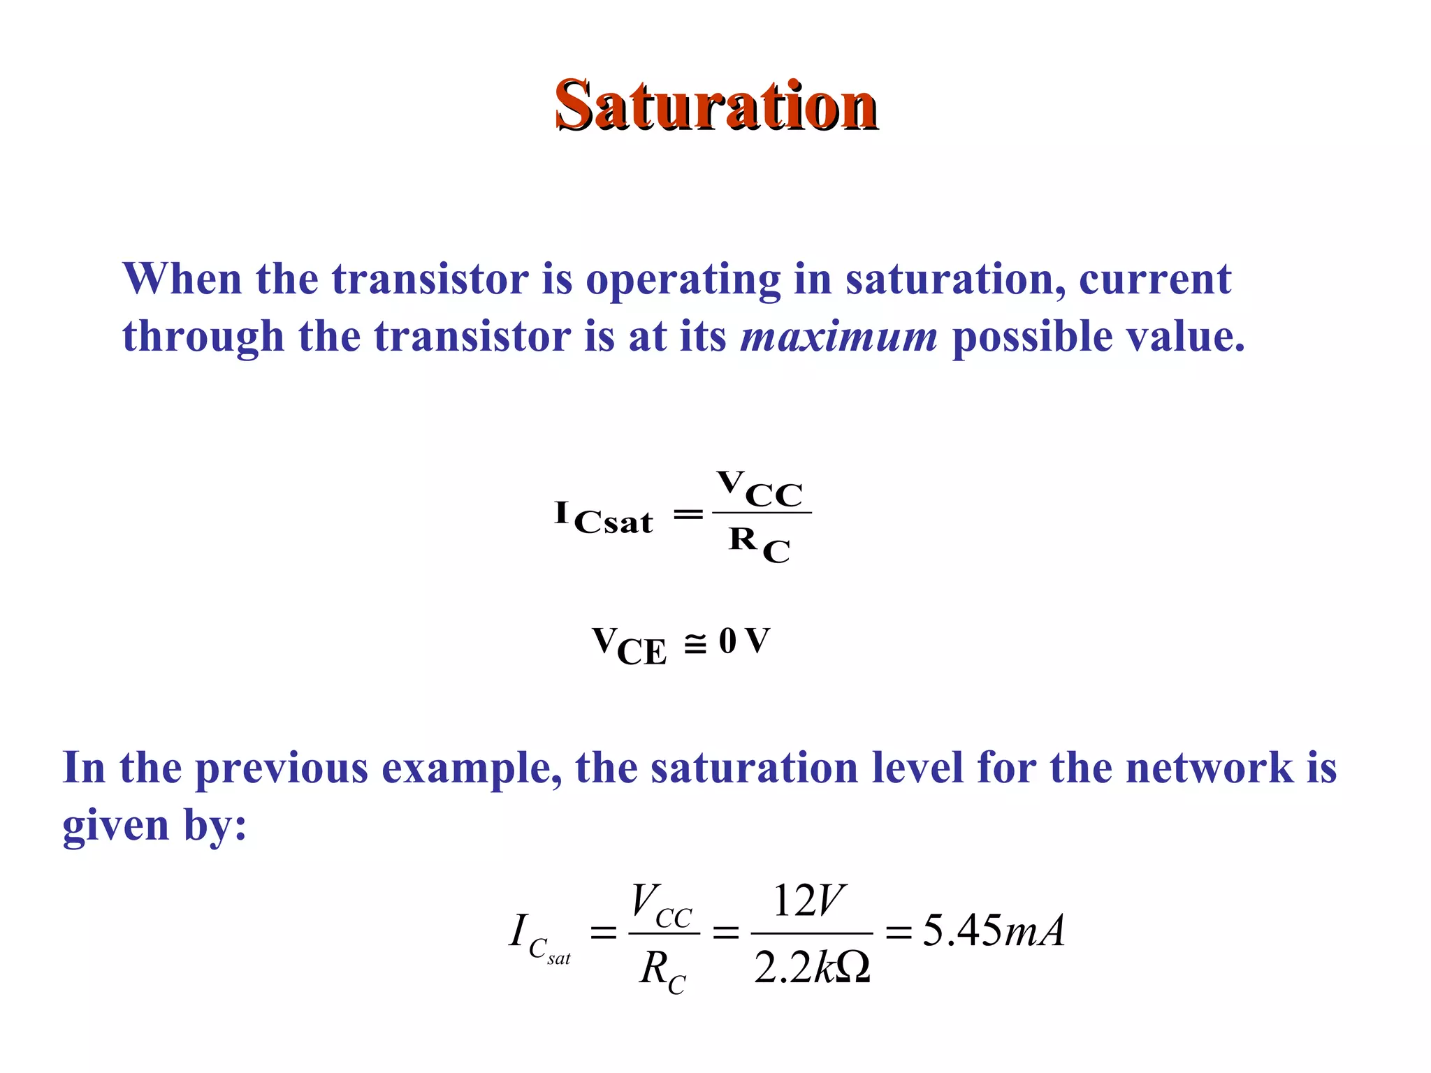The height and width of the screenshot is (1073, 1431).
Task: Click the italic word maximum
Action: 838,337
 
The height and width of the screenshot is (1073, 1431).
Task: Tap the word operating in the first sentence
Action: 683,279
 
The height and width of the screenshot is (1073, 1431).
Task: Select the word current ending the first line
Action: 1154,279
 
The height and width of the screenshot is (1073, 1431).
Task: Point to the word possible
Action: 1031,337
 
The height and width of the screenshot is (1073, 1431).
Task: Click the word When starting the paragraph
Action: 182,279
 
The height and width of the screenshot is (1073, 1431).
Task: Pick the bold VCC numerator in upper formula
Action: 760,489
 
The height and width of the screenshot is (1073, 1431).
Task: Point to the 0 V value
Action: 744,641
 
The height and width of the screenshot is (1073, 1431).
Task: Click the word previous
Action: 281,768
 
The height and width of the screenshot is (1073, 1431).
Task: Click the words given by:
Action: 154,826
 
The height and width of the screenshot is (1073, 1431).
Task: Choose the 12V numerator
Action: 808,901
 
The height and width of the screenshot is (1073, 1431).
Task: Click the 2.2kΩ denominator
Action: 812,968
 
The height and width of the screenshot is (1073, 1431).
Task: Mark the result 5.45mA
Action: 994,931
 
